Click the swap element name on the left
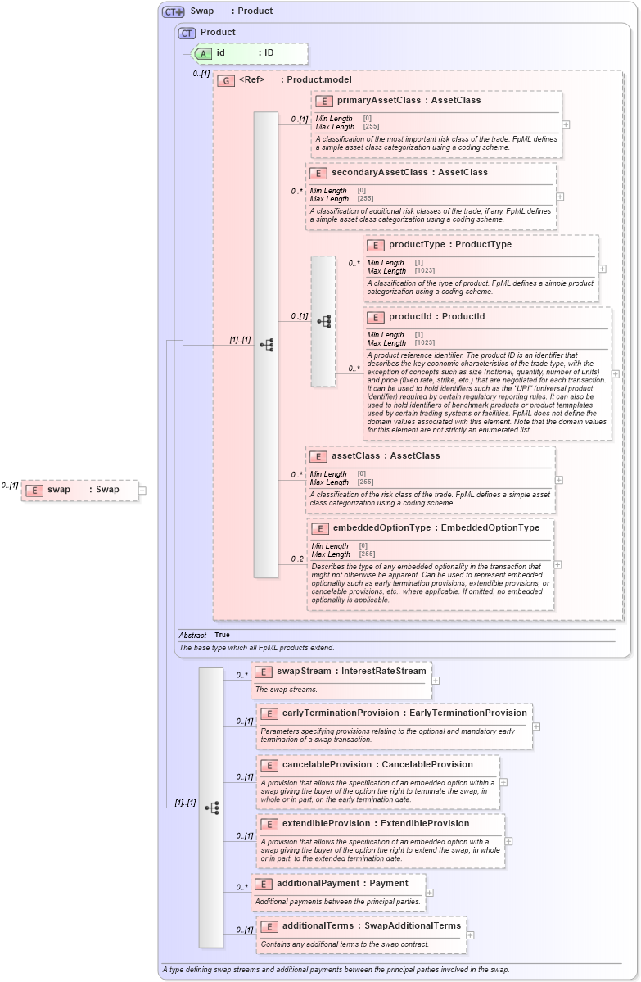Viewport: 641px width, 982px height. [x=59, y=490]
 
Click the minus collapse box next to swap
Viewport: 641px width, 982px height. [x=142, y=491]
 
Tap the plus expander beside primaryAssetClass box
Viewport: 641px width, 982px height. [x=566, y=124]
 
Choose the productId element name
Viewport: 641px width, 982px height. [x=411, y=317]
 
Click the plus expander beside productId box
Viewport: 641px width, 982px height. [x=616, y=374]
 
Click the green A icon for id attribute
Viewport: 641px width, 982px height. [x=201, y=53]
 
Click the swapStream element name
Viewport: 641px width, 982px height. [x=304, y=672]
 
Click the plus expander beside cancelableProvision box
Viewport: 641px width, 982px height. [x=503, y=782]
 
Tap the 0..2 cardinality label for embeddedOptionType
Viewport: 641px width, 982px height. [x=297, y=559]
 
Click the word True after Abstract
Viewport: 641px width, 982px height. [x=222, y=635]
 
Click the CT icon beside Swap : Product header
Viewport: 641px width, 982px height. [x=173, y=11]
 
